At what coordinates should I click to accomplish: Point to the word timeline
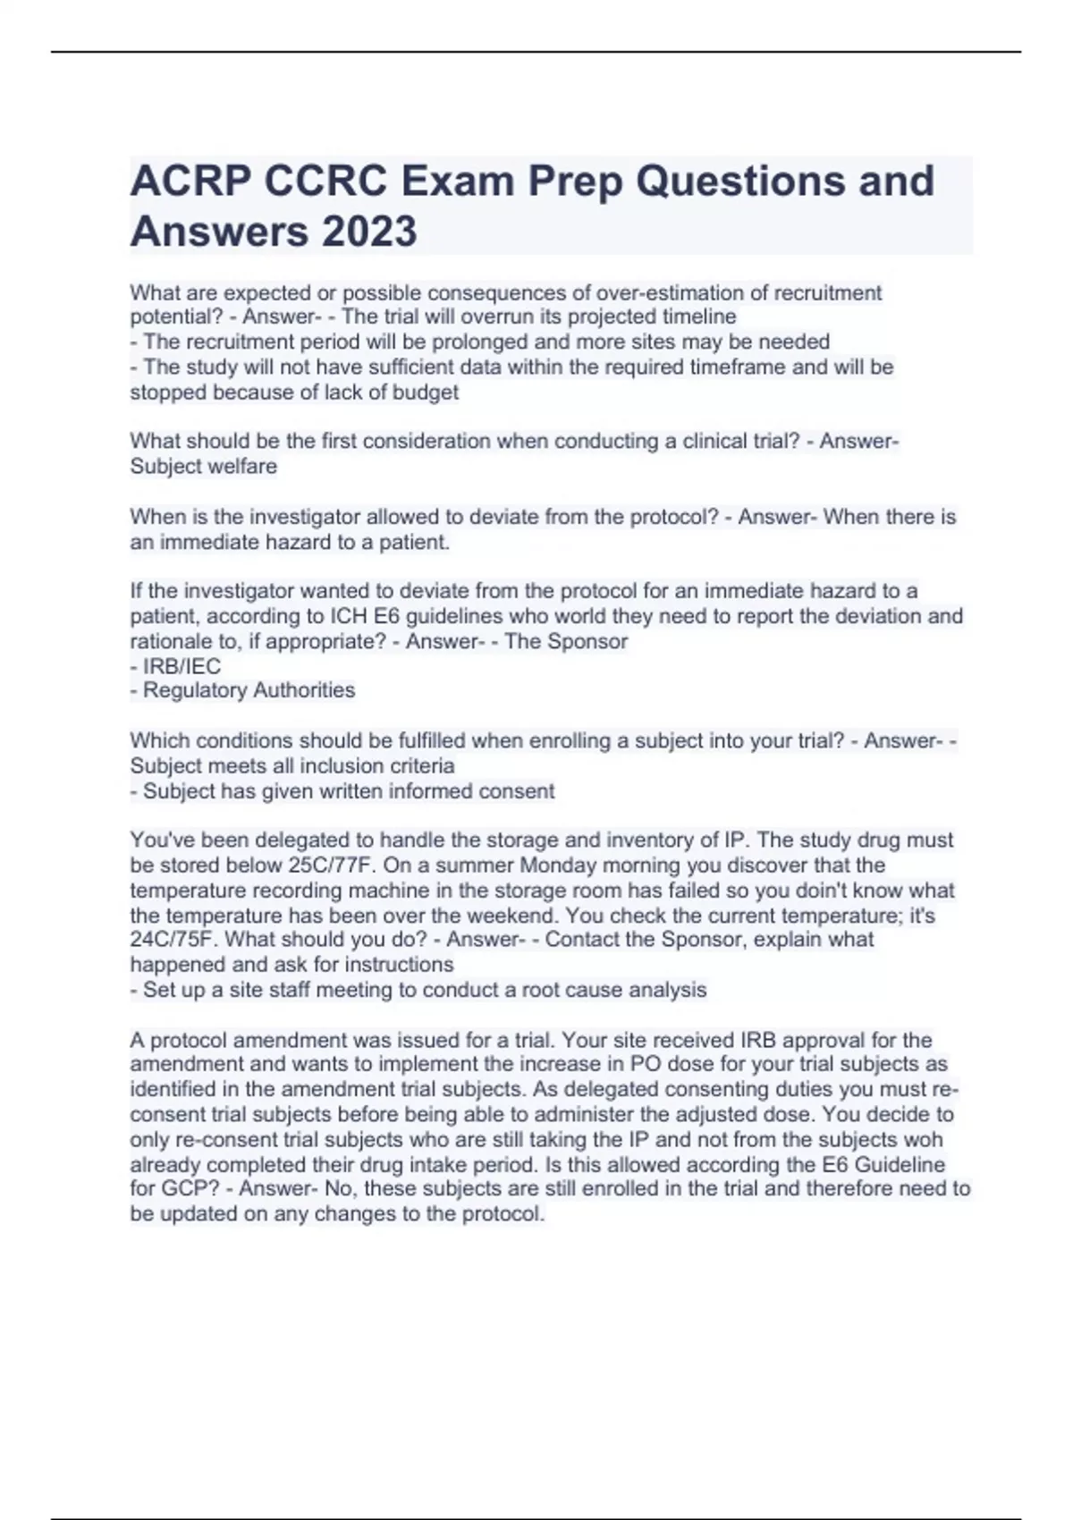coord(698,317)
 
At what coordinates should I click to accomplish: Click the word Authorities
coord(306,690)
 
